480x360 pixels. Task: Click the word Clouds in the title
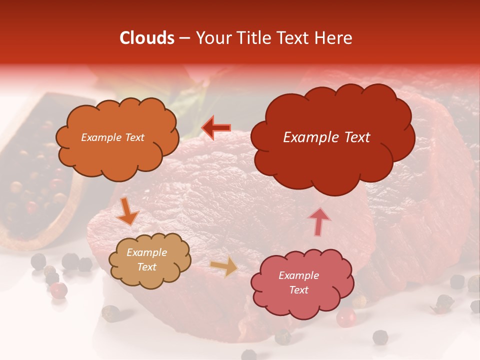(147, 38)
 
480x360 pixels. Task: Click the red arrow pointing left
(216, 128)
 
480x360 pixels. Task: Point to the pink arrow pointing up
(319, 221)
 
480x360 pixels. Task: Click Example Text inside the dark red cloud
(326, 137)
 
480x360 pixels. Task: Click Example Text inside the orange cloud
(112, 137)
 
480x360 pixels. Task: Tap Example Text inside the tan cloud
(146, 260)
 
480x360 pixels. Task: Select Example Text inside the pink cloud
(298, 282)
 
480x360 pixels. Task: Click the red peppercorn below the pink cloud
(345, 317)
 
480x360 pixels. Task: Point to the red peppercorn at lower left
(58, 290)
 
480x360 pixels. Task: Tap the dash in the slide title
(184, 38)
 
